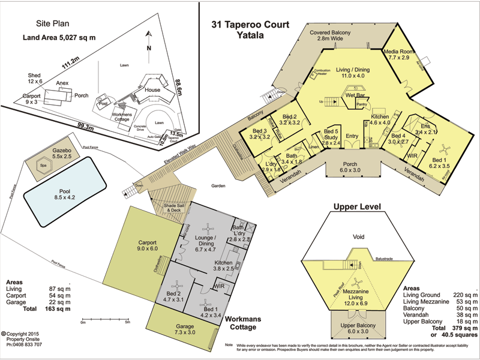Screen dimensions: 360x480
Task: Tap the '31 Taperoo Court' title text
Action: (250, 25)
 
